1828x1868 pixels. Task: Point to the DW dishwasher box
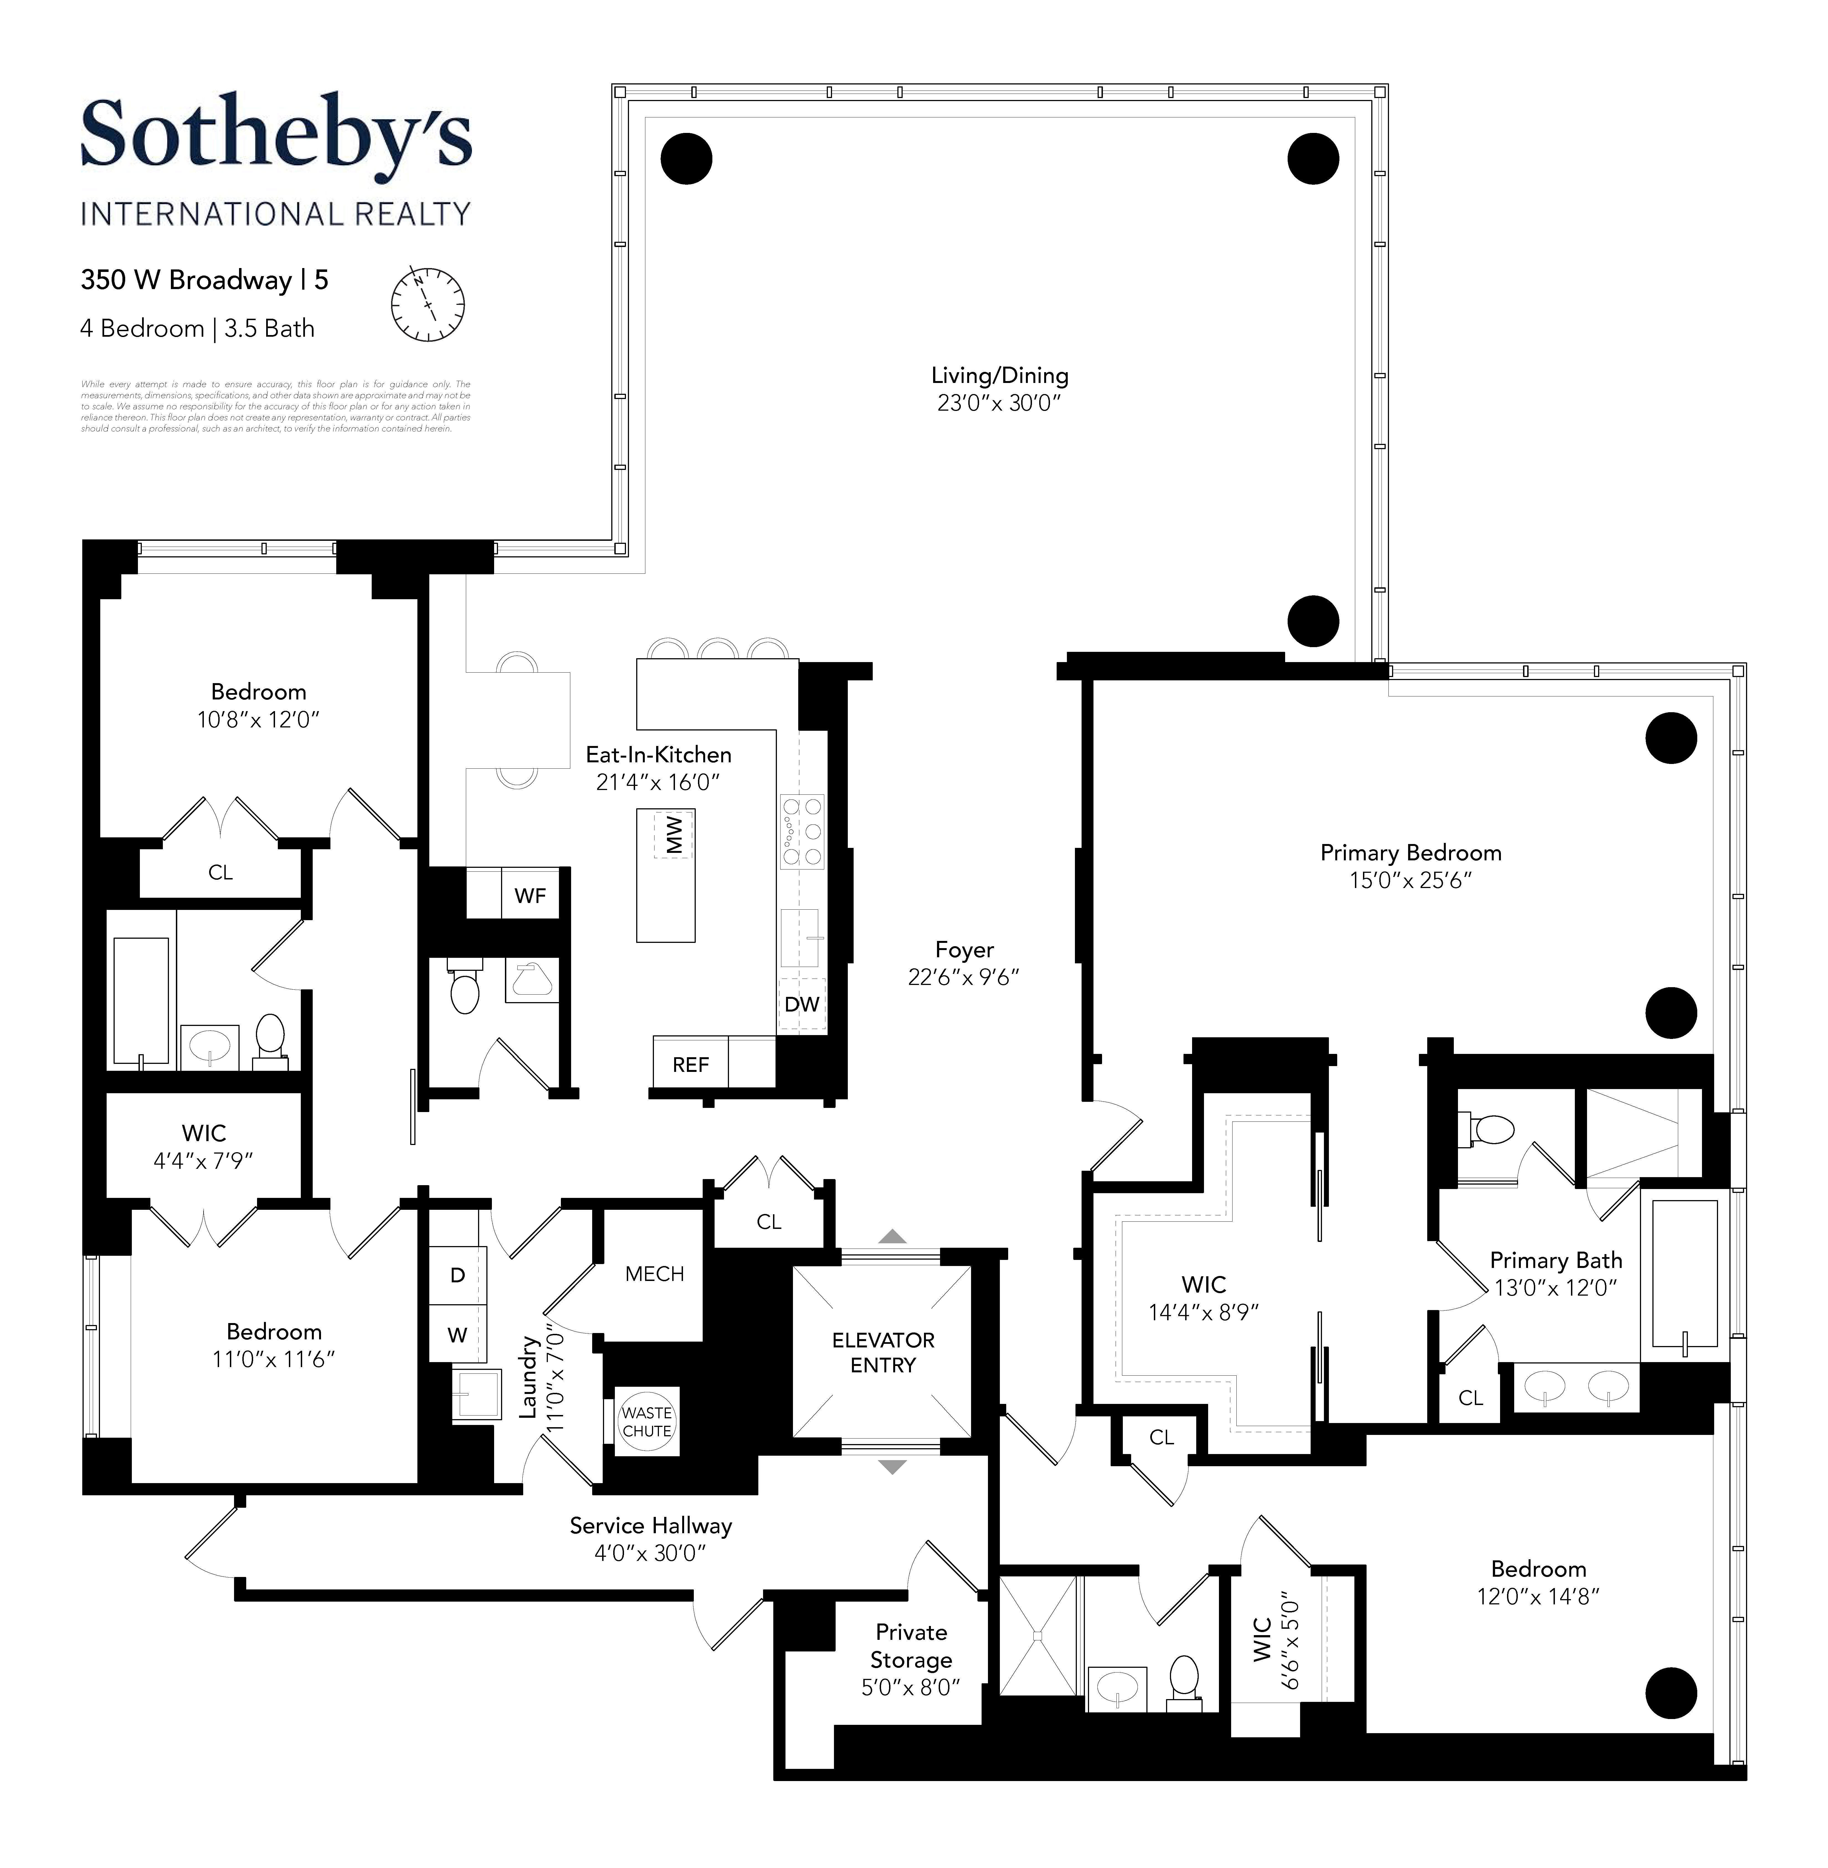pyautogui.click(x=802, y=1004)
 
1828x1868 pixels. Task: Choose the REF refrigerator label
pyautogui.click(x=690, y=1064)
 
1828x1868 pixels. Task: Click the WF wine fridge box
pyautogui.click(x=530, y=896)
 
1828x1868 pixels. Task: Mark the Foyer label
pyautogui.click(x=964, y=949)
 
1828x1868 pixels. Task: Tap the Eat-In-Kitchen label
pyautogui.click(x=659, y=755)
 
